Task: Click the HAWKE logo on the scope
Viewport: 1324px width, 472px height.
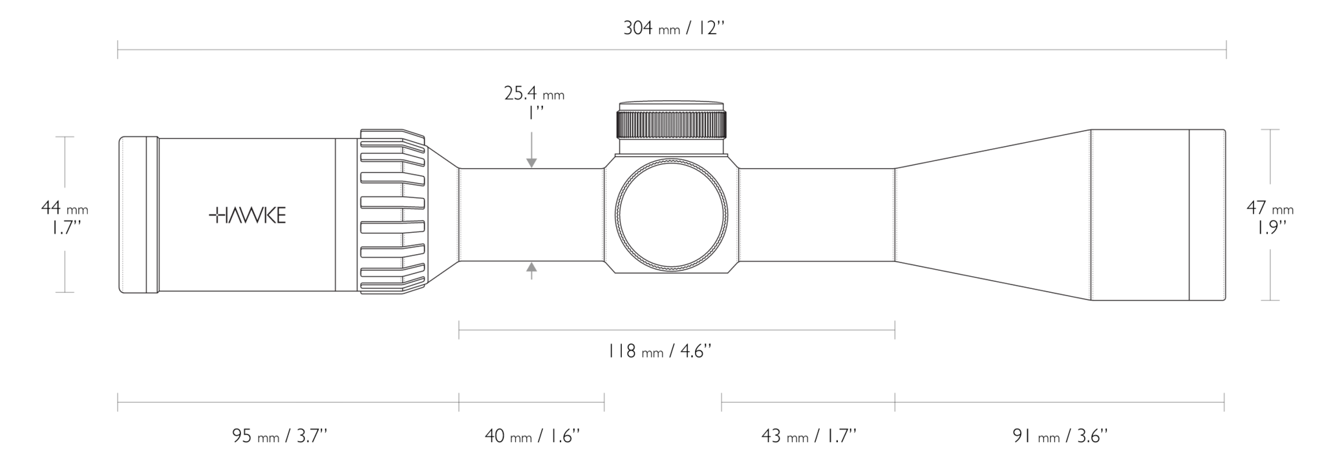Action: tap(248, 216)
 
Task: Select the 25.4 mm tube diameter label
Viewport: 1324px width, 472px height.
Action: tap(534, 102)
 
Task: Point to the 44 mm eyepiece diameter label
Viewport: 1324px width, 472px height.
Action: tap(65, 217)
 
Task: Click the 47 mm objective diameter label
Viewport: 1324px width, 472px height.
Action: tap(1270, 217)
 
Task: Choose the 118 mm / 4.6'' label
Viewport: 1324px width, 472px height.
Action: tap(659, 351)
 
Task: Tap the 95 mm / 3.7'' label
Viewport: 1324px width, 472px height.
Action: tap(280, 436)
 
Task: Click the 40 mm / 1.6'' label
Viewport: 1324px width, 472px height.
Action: tap(532, 436)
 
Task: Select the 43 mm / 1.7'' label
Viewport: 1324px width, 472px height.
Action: tap(809, 436)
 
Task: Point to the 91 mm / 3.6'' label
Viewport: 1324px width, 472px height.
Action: tap(1060, 436)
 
